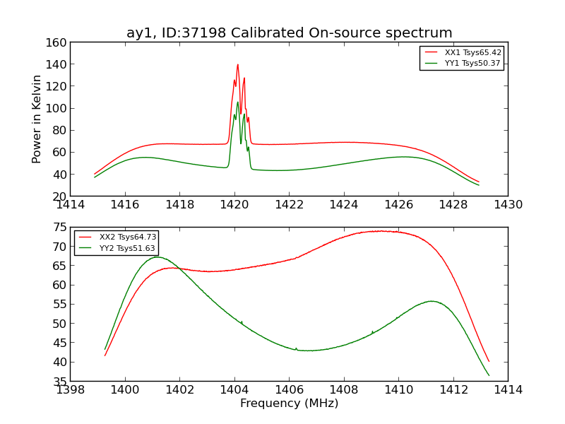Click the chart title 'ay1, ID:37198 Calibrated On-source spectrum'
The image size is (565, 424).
(x=289, y=33)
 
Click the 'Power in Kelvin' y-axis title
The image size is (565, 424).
(x=37, y=119)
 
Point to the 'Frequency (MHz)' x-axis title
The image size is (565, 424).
(x=289, y=404)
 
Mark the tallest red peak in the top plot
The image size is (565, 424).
(x=237, y=64)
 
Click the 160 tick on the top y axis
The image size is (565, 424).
(x=58, y=42)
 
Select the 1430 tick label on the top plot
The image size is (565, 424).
(x=508, y=205)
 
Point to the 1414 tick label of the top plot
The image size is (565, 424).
(x=71, y=205)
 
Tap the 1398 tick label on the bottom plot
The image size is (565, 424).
(x=71, y=390)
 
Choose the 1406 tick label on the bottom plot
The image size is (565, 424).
(x=289, y=390)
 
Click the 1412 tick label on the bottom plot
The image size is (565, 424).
(x=453, y=390)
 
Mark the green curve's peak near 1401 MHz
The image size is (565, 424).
(x=156, y=257)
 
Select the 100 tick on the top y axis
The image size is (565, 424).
(x=58, y=108)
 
